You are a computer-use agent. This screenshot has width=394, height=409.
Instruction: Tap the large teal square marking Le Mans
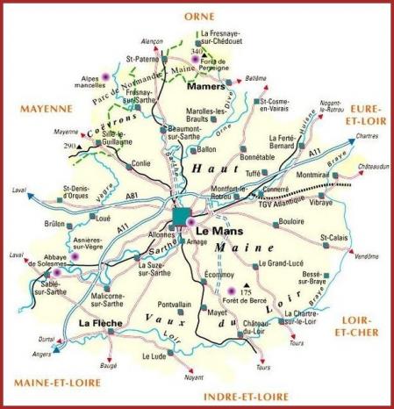[x=181, y=216]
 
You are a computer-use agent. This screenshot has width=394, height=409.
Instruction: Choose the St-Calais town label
[x=333, y=237]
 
